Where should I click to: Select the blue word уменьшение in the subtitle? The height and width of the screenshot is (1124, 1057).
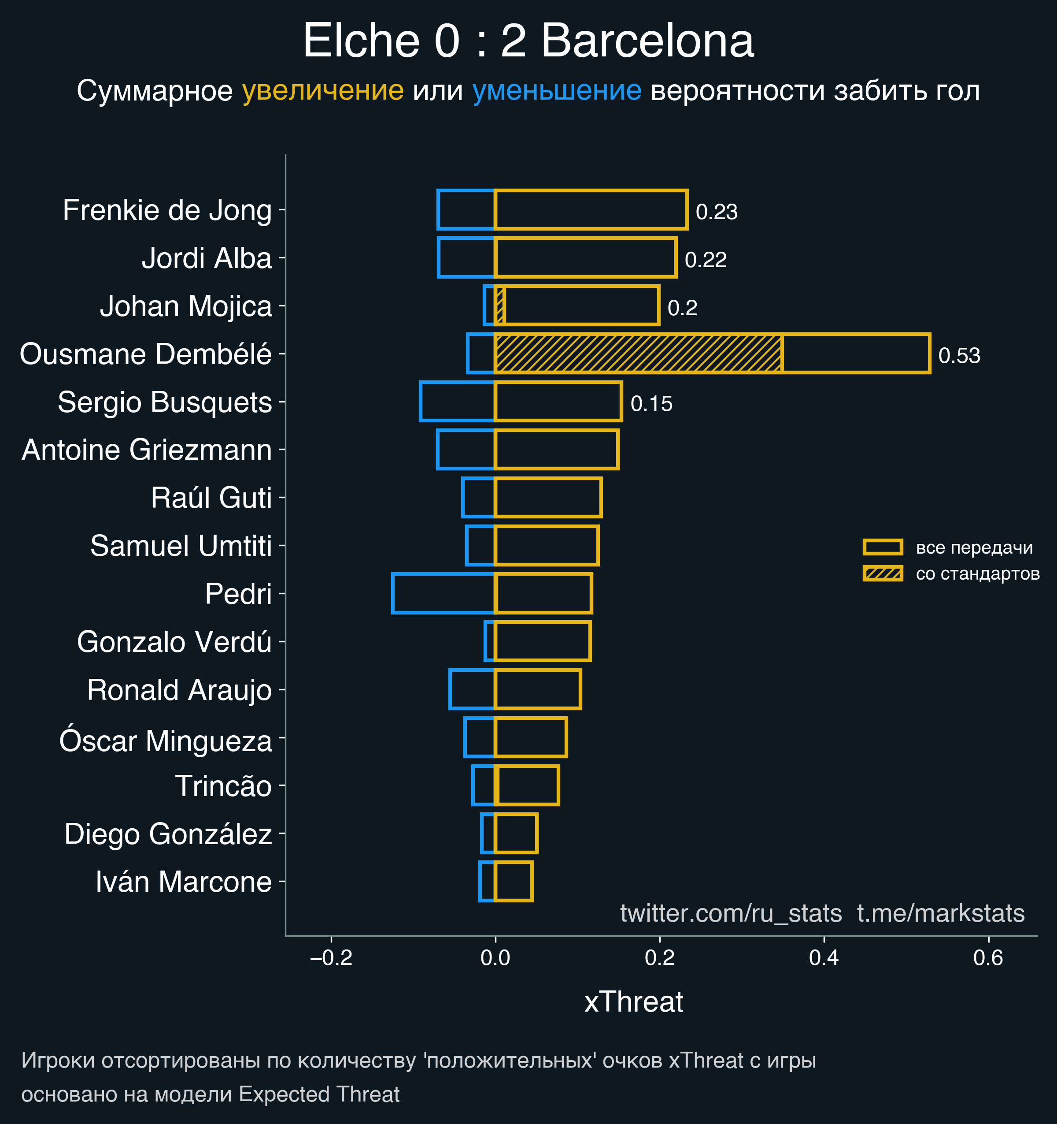(x=556, y=90)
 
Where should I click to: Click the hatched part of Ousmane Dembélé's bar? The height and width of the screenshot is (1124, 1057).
(x=638, y=354)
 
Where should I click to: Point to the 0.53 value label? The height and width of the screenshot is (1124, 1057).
(x=959, y=356)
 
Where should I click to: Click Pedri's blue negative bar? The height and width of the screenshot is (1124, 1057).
(x=443, y=593)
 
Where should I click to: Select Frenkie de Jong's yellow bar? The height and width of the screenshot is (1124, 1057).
(x=591, y=210)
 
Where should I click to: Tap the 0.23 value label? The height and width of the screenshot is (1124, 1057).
(x=717, y=212)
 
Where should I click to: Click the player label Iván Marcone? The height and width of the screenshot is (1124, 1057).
(x=184, y=882)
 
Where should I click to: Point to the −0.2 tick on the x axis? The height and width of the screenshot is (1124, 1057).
(x=331, y=958)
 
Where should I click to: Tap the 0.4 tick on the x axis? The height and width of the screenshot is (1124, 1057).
(x=824, y=958)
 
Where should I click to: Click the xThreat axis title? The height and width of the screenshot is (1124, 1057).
(x=633, y=1001)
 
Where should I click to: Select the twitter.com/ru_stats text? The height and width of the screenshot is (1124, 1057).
(x=731, y=913)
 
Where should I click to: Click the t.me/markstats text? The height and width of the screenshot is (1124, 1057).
(x=941, y=913)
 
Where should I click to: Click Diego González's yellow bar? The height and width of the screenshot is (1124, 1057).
(x=516, y=834)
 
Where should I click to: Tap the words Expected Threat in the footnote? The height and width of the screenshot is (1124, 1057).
(x=319, y=1094)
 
